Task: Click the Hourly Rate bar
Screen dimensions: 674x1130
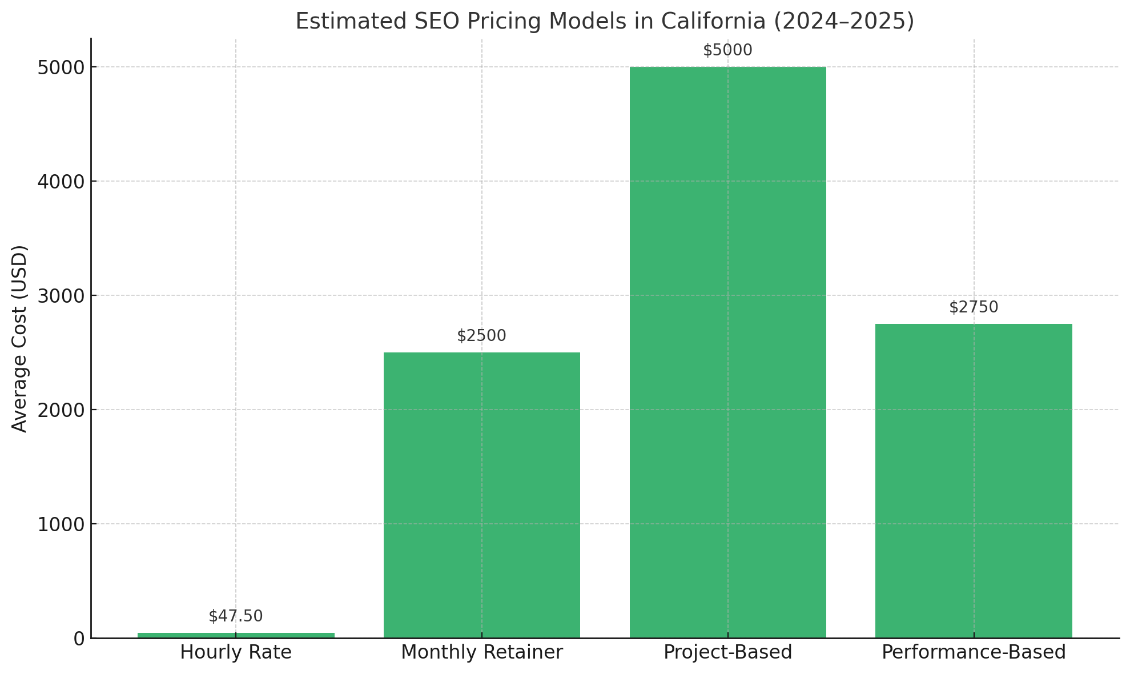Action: [236, 635]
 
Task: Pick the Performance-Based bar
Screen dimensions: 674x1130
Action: [974, 480]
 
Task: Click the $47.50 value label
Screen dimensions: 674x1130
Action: [236, 616]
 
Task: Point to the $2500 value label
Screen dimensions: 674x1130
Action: [481, 336]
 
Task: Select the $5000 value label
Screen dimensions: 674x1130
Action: [727, 50]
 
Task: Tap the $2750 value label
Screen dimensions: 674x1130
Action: [974, 307]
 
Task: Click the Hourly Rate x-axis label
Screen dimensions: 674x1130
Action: [236, 652]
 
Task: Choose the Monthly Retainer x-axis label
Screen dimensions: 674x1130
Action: [481, 652]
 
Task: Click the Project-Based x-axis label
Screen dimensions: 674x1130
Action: [727, 652]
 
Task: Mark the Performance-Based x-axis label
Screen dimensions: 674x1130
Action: [974, 652]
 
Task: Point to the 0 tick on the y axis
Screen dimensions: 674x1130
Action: [79, 639]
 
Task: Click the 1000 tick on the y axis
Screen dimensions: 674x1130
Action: [61, 524]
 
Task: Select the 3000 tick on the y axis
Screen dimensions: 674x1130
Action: [61, 296]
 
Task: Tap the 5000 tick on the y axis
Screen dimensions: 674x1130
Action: [61, 67]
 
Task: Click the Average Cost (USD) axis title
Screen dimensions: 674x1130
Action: [20, 338]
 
